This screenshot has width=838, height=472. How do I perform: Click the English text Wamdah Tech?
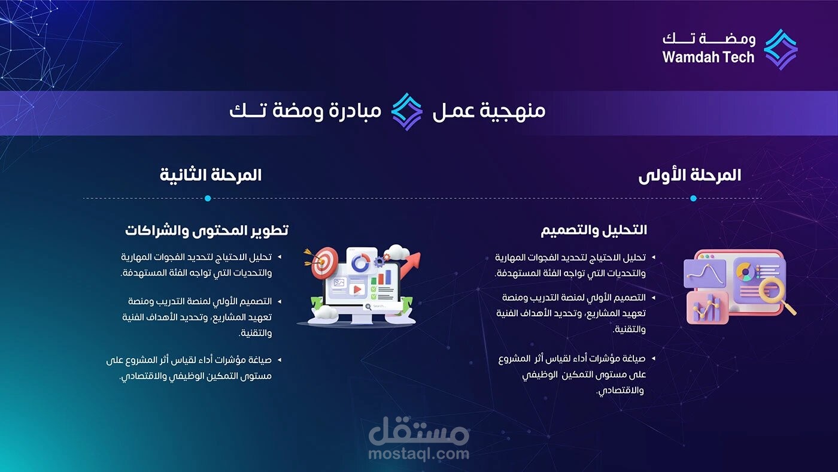coord(708,58)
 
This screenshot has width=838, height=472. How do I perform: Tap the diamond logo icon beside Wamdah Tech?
coord(781,49)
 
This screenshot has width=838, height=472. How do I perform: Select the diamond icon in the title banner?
coord(407,111)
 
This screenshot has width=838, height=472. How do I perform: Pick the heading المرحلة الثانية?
coord(211,175)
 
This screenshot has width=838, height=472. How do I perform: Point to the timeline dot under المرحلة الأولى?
coord(693,198)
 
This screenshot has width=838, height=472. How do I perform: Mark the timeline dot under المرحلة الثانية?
coord(208,198)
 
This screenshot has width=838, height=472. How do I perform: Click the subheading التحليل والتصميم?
coord(594,230)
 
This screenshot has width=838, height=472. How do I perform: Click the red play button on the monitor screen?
coord(357,289)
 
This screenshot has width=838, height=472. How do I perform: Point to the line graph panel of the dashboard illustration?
coord(705,274)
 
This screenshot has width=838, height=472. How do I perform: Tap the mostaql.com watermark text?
coord(418,453)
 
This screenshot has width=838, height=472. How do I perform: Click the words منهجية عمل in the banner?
coord(489,111)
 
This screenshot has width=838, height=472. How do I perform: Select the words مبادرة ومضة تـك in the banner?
coord(305,111)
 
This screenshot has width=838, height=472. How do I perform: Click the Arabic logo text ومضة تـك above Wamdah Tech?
coord(709,39)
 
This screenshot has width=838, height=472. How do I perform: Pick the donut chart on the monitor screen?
coord(360,263)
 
